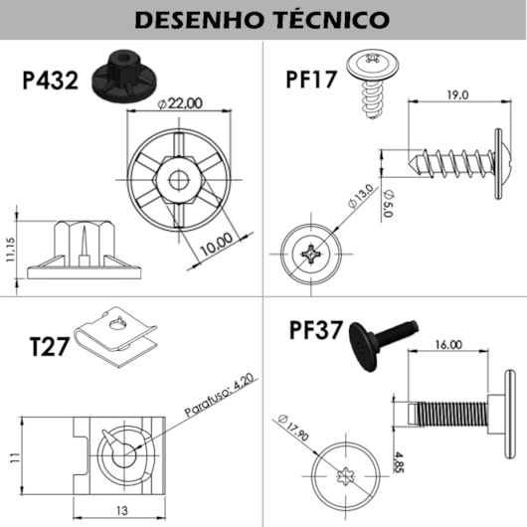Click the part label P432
pos(50,81)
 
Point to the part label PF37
pos(317,330)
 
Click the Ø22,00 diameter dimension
pos(180,102)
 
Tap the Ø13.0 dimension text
pos(360,196)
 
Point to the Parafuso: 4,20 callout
pos(220,397)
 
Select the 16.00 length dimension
pos(447,345)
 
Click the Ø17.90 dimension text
pos(291,431)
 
